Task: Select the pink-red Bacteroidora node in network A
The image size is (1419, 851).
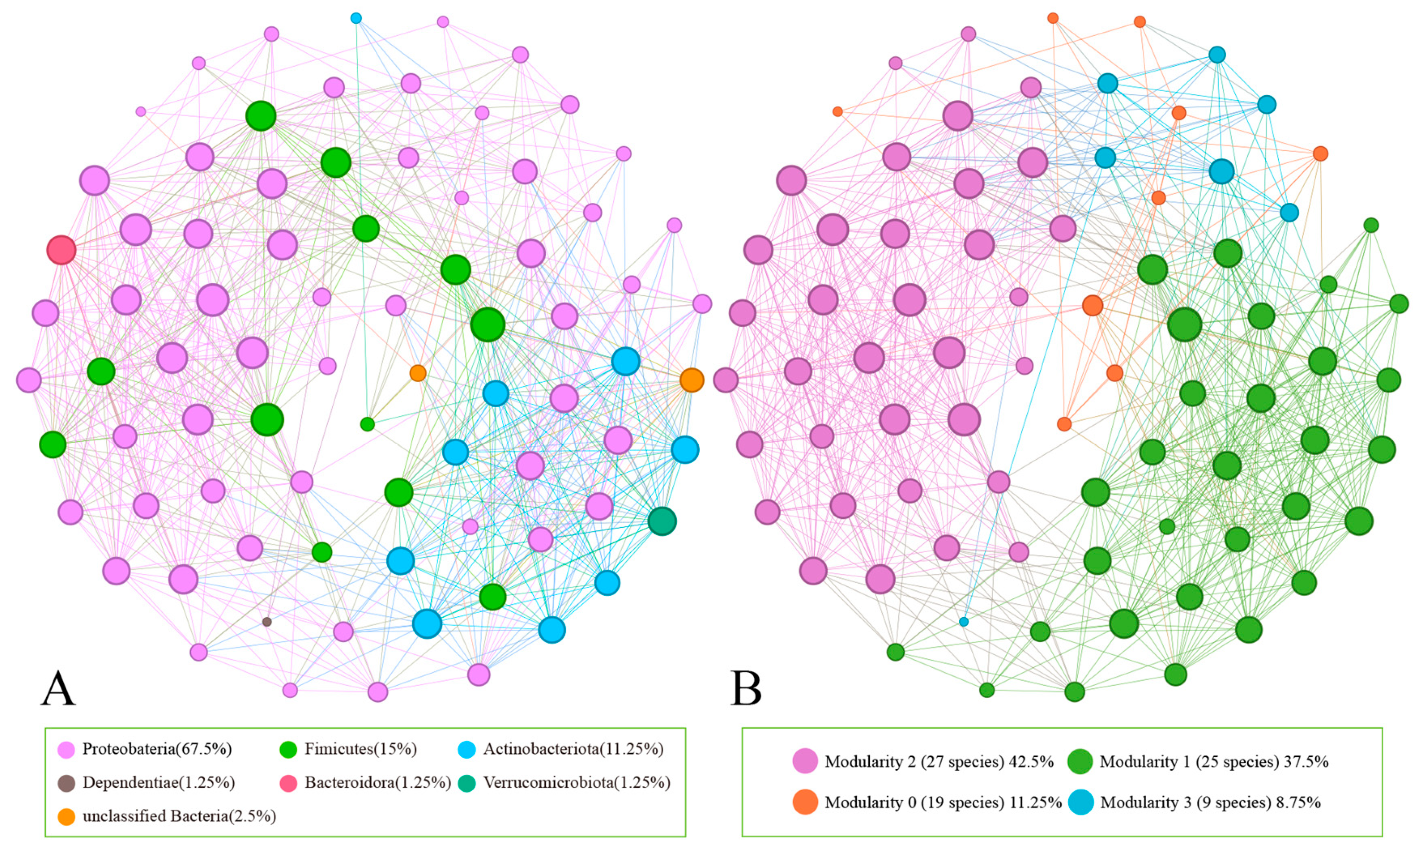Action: coord(62,250)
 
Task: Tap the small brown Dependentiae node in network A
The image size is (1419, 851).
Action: coord(266,622)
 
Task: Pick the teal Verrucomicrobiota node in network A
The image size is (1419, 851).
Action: coord(662,521)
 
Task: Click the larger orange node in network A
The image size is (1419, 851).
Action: coord(692,380)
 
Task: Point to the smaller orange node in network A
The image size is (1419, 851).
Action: coord(418,373)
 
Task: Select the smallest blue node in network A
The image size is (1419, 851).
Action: coord(356,18)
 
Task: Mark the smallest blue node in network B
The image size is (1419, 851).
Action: coord(964,622)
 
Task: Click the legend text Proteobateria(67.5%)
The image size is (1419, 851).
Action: coord(157,749)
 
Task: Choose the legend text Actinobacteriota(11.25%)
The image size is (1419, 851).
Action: coord(573,749)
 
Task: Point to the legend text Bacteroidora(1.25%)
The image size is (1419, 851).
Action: coord(377,783)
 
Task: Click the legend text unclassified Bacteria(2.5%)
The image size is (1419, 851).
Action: coord(179,816)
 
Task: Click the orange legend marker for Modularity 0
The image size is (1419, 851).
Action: coord(805,802)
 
